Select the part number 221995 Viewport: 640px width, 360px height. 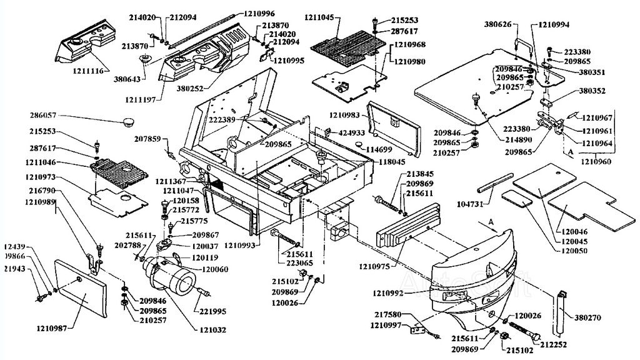tap(213, 311)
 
